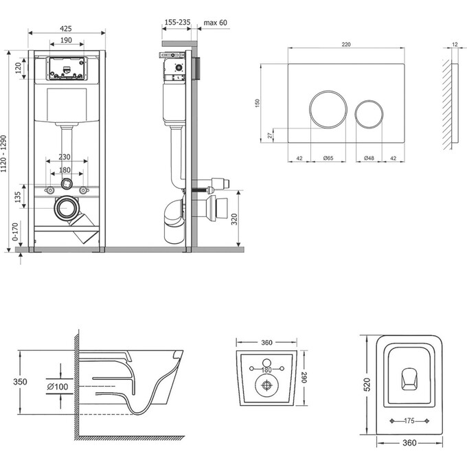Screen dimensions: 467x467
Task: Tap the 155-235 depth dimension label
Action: [x=176, y=23]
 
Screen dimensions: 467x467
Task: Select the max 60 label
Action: [x=215, y=23]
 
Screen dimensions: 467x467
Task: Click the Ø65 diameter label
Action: [x=328, y=158]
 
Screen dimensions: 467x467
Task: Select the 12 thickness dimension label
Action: [x=455, y=45]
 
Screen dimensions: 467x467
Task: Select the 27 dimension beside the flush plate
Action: [x=269, y=135]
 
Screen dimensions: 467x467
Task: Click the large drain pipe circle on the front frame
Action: [x=67, y=207]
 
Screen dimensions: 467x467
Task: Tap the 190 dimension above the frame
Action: [x=66, y=41]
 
